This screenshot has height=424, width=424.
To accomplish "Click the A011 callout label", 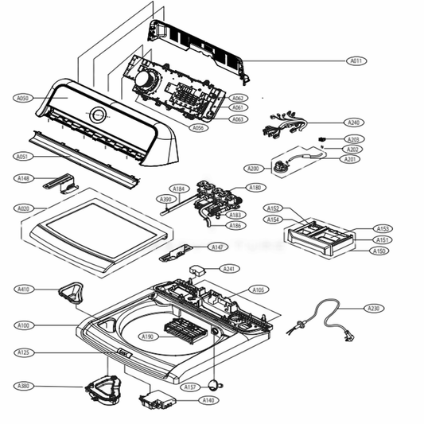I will pyautogui.click(x=356, y=60).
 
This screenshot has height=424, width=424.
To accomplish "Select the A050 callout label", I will pyautogui.click(x=23, y=98).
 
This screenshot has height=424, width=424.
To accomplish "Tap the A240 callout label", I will pyautogui.click(x=354, y=123).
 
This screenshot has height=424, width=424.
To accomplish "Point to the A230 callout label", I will pyautogui.click(x=373, y=308).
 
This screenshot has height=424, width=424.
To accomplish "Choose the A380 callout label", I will pyautogui.click(x=23, y=386).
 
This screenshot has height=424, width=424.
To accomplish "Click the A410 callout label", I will pyautogui.click(x=23, y=290).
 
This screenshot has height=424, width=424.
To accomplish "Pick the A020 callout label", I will pyautogui.click(x=23, y=208).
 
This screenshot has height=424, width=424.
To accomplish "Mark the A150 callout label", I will pyautogui.click(x=381, y=251).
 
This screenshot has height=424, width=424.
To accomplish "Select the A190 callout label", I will pyautogui.click(x=147, y=336).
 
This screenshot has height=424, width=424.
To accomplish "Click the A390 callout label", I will pyautogui.click(x=165, y=199).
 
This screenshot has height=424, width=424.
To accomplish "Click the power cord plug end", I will pyautogui.click(x=348, y=337).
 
